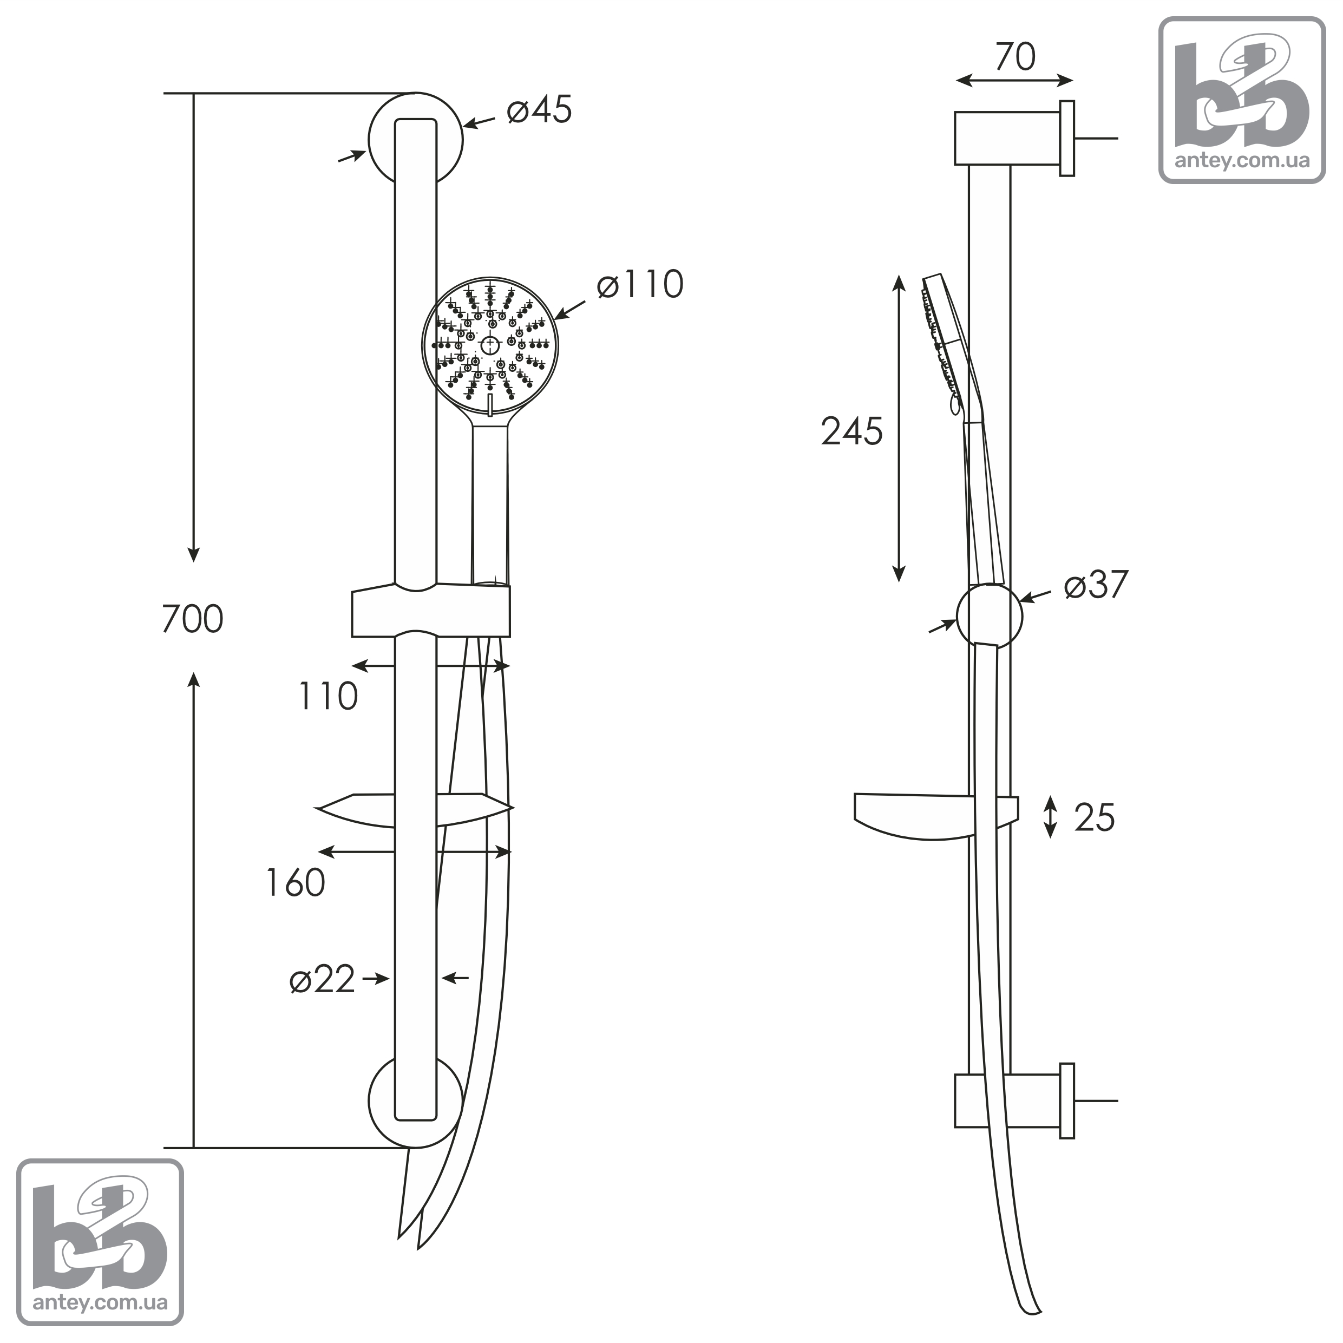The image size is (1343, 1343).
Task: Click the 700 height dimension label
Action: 193,619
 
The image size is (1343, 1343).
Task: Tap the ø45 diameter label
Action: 540,110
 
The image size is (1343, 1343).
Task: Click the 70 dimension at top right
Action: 1016,56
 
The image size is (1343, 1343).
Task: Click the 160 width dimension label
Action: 296,883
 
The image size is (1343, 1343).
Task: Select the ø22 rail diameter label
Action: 323,979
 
